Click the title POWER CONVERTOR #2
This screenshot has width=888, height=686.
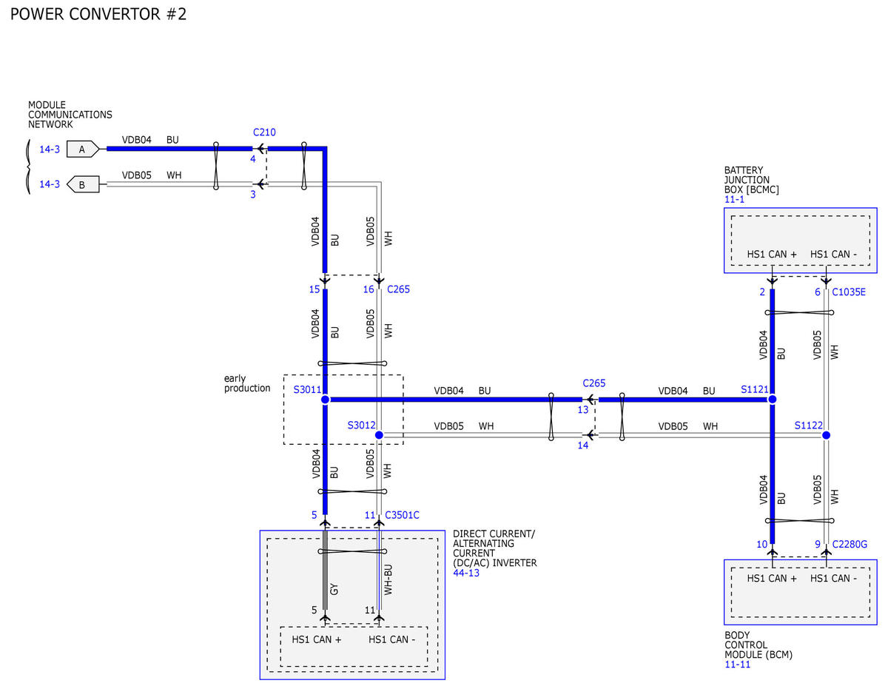(x=98, y=14)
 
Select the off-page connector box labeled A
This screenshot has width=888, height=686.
(x=83, y=149)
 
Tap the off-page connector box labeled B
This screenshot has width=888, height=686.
(x=83, y=184)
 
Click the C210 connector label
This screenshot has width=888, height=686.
(x=264, y=132)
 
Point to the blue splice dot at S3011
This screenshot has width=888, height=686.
(x=325, y=400)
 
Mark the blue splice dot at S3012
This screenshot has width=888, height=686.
(x=379, y=435)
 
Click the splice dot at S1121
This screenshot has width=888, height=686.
(x=772, y=400)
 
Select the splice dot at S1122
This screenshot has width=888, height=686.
(x=826, y=436)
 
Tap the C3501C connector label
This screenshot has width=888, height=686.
(x=402, y=515)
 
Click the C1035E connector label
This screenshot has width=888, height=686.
(x=848, y=292)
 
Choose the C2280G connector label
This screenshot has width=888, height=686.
(x=850, y=544)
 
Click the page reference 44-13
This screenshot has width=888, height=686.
(x=466, y=573)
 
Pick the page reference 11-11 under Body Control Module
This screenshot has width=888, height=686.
(x=737, y=665)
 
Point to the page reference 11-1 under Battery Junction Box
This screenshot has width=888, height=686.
(x=734, y=199)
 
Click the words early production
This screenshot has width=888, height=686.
(x=247, y=383)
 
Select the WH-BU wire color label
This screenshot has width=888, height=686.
(x=388, y=579)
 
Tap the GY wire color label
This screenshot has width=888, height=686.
(x=334, y=589)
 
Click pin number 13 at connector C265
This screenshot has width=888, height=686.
(x=582, y=410)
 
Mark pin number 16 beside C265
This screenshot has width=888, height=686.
(x=369, y=289)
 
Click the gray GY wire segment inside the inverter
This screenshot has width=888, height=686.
(x=326, y=570)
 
